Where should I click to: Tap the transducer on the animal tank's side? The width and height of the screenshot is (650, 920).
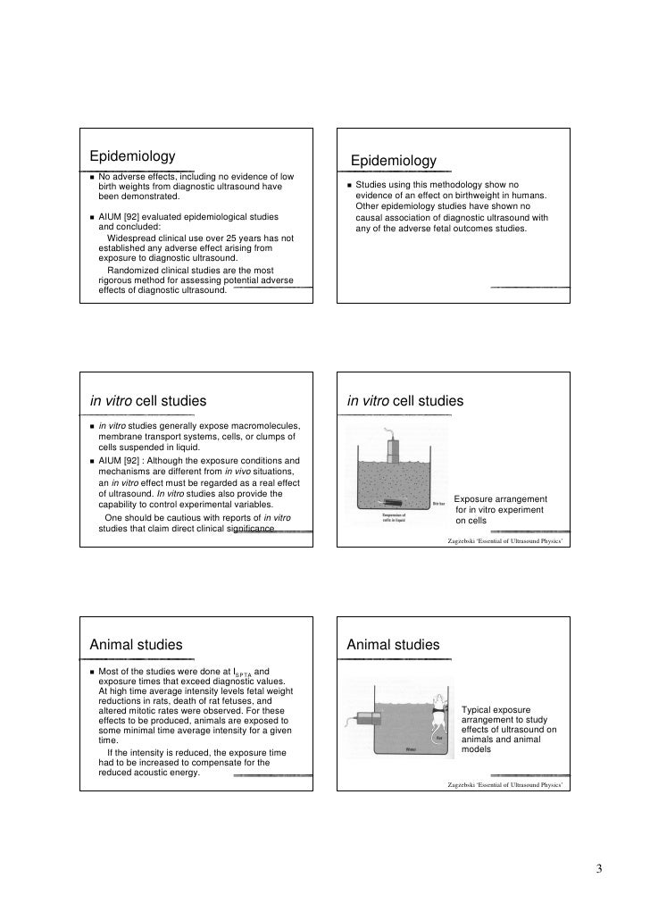click(x=366, y=716)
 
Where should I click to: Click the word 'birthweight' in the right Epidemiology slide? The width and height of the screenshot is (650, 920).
click(x=486, y=197)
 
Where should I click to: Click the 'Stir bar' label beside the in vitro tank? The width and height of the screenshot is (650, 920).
click(x=439, y=504)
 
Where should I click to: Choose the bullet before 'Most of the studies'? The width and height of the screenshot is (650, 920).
click(x=92, y=672)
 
